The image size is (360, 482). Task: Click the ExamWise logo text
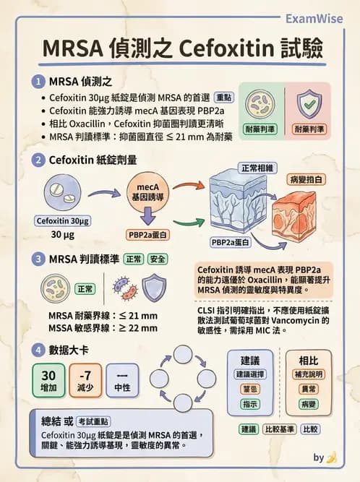point(314,18)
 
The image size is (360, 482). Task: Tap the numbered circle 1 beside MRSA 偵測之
point(37,82)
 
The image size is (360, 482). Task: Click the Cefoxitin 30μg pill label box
point(62,220)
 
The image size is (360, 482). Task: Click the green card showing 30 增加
point(48,382)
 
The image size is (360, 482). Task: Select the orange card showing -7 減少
point(85,382)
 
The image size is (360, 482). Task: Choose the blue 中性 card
point(122,382)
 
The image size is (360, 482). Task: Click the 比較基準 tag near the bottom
point(280,429)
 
